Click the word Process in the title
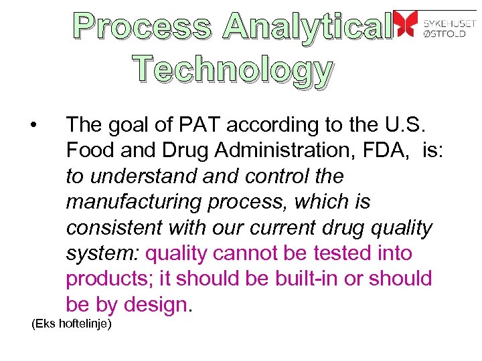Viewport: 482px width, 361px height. tap(143, 26)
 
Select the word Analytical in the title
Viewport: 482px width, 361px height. tap(307, 26)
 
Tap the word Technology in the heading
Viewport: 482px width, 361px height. tap(232, 70)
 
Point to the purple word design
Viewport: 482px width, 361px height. tap(155, 305)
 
